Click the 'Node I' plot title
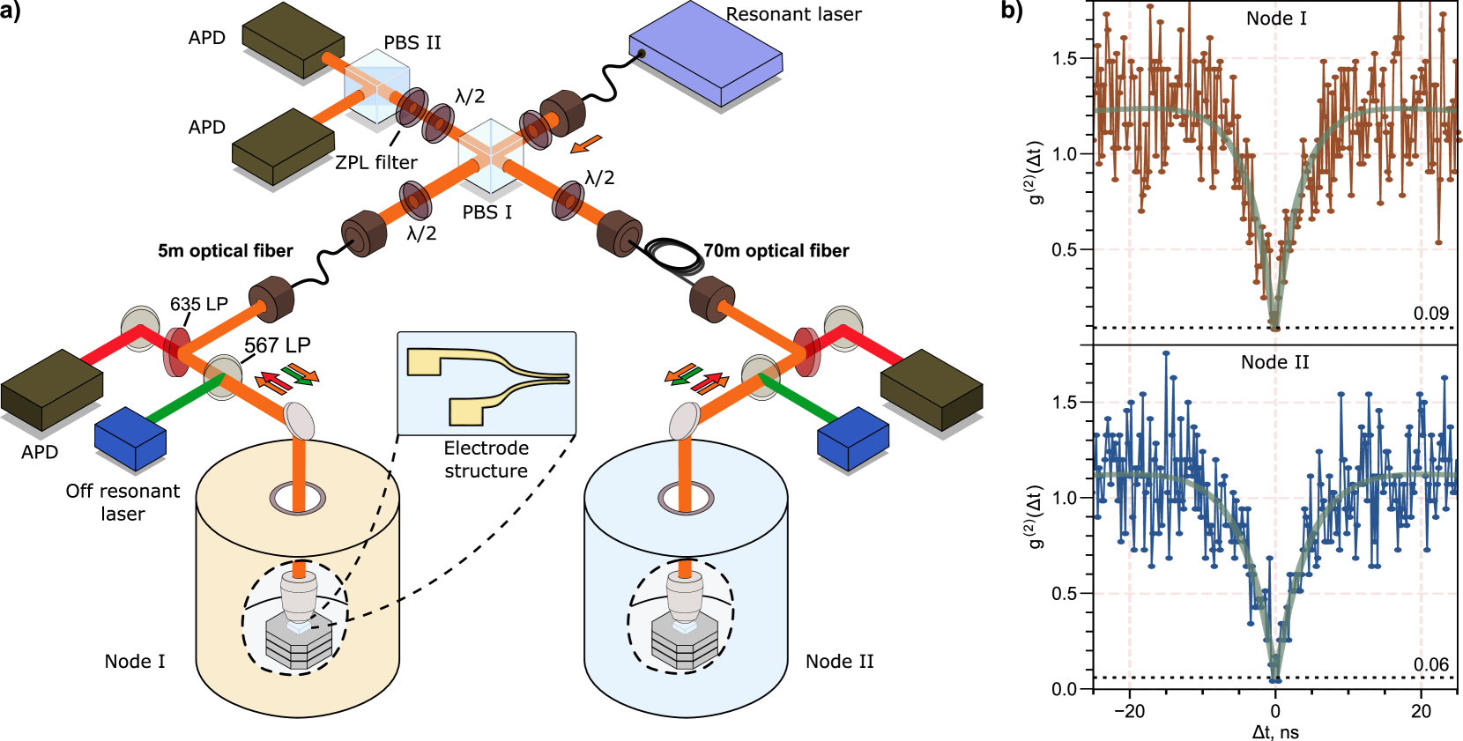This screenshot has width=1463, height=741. point(1275,19)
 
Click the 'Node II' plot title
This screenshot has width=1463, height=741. point(1274,362)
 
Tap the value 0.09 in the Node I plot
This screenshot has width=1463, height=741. point(1430,314)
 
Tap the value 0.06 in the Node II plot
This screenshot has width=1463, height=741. point(1430,664)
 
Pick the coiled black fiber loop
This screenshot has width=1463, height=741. point(677,258)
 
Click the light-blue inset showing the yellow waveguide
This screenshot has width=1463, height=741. point(486,383)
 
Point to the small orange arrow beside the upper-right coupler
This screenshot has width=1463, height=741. point(585,144)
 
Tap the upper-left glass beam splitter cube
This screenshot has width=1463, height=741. point(377,85)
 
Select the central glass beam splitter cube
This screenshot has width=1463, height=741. point(491,157)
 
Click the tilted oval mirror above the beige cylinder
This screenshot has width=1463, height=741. point(300,421)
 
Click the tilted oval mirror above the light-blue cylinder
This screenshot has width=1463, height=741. point(684,421)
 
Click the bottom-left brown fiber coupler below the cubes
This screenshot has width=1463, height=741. point(364,233)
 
